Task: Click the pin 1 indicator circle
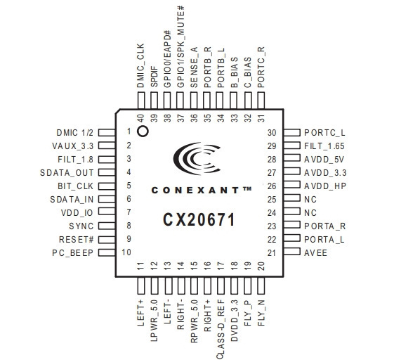coord(143,131)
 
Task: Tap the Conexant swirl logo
coord(197,158)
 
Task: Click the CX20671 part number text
coord(199,219)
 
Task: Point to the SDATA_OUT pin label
coord(67,173)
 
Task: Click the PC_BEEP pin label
coord(72,253)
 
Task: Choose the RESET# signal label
coord(76,240)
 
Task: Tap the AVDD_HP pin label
coord(325,186)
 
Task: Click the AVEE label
coord(315,253)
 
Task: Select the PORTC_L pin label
coord(324,133)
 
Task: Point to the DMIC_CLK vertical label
coord(141,65)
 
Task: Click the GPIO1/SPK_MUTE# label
coord(180,47)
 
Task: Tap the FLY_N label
coord(261,313)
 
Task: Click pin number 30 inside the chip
coord(272,133)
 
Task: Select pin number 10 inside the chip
coord(126,252)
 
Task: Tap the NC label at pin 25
coord(310,200)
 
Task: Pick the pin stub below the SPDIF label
coord(155,101)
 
